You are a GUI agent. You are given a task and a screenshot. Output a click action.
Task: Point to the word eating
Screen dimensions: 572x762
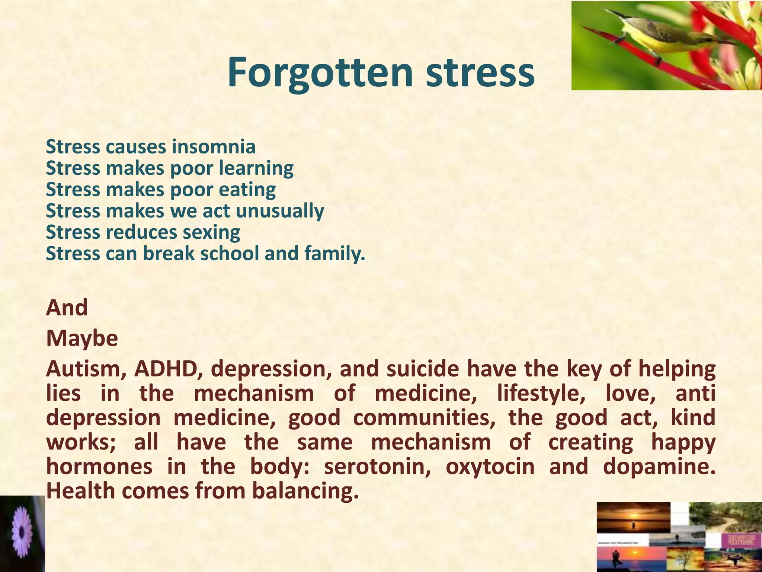(247, 190)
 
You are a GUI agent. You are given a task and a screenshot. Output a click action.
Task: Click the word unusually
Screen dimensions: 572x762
(280, 211)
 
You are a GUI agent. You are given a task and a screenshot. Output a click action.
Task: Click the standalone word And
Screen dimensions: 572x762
(67, 308)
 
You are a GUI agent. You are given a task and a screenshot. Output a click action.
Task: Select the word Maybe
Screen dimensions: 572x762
(82, 339)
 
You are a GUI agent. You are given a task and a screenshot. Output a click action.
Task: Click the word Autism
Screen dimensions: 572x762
(87, 369)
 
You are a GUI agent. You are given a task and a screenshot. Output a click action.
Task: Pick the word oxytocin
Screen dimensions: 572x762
(490, 467)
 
